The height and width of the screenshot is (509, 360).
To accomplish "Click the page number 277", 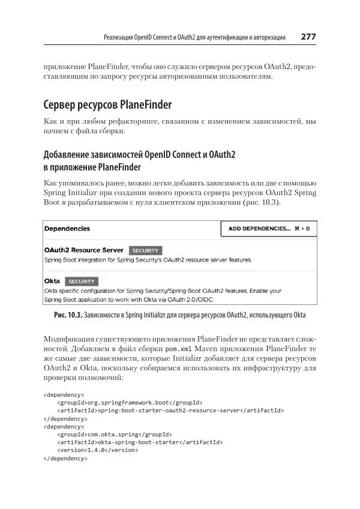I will pos(308,37).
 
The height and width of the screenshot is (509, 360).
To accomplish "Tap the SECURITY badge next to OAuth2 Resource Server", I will pos(146,250).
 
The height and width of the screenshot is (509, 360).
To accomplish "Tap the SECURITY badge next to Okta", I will pos(82,281).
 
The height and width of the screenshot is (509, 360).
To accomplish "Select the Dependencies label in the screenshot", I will pos(67,229).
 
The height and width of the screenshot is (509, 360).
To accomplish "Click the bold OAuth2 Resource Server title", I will pos(84,250).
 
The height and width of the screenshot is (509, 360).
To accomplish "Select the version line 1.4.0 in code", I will pos(98,450).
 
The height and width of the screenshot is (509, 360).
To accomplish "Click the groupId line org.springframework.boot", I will pos(129,402).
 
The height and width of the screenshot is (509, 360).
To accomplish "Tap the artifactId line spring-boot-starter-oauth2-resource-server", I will pos(170,411).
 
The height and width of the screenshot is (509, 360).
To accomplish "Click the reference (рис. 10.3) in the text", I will pos(259,203).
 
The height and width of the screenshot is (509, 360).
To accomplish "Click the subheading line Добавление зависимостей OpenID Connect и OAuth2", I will pos(140,155).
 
